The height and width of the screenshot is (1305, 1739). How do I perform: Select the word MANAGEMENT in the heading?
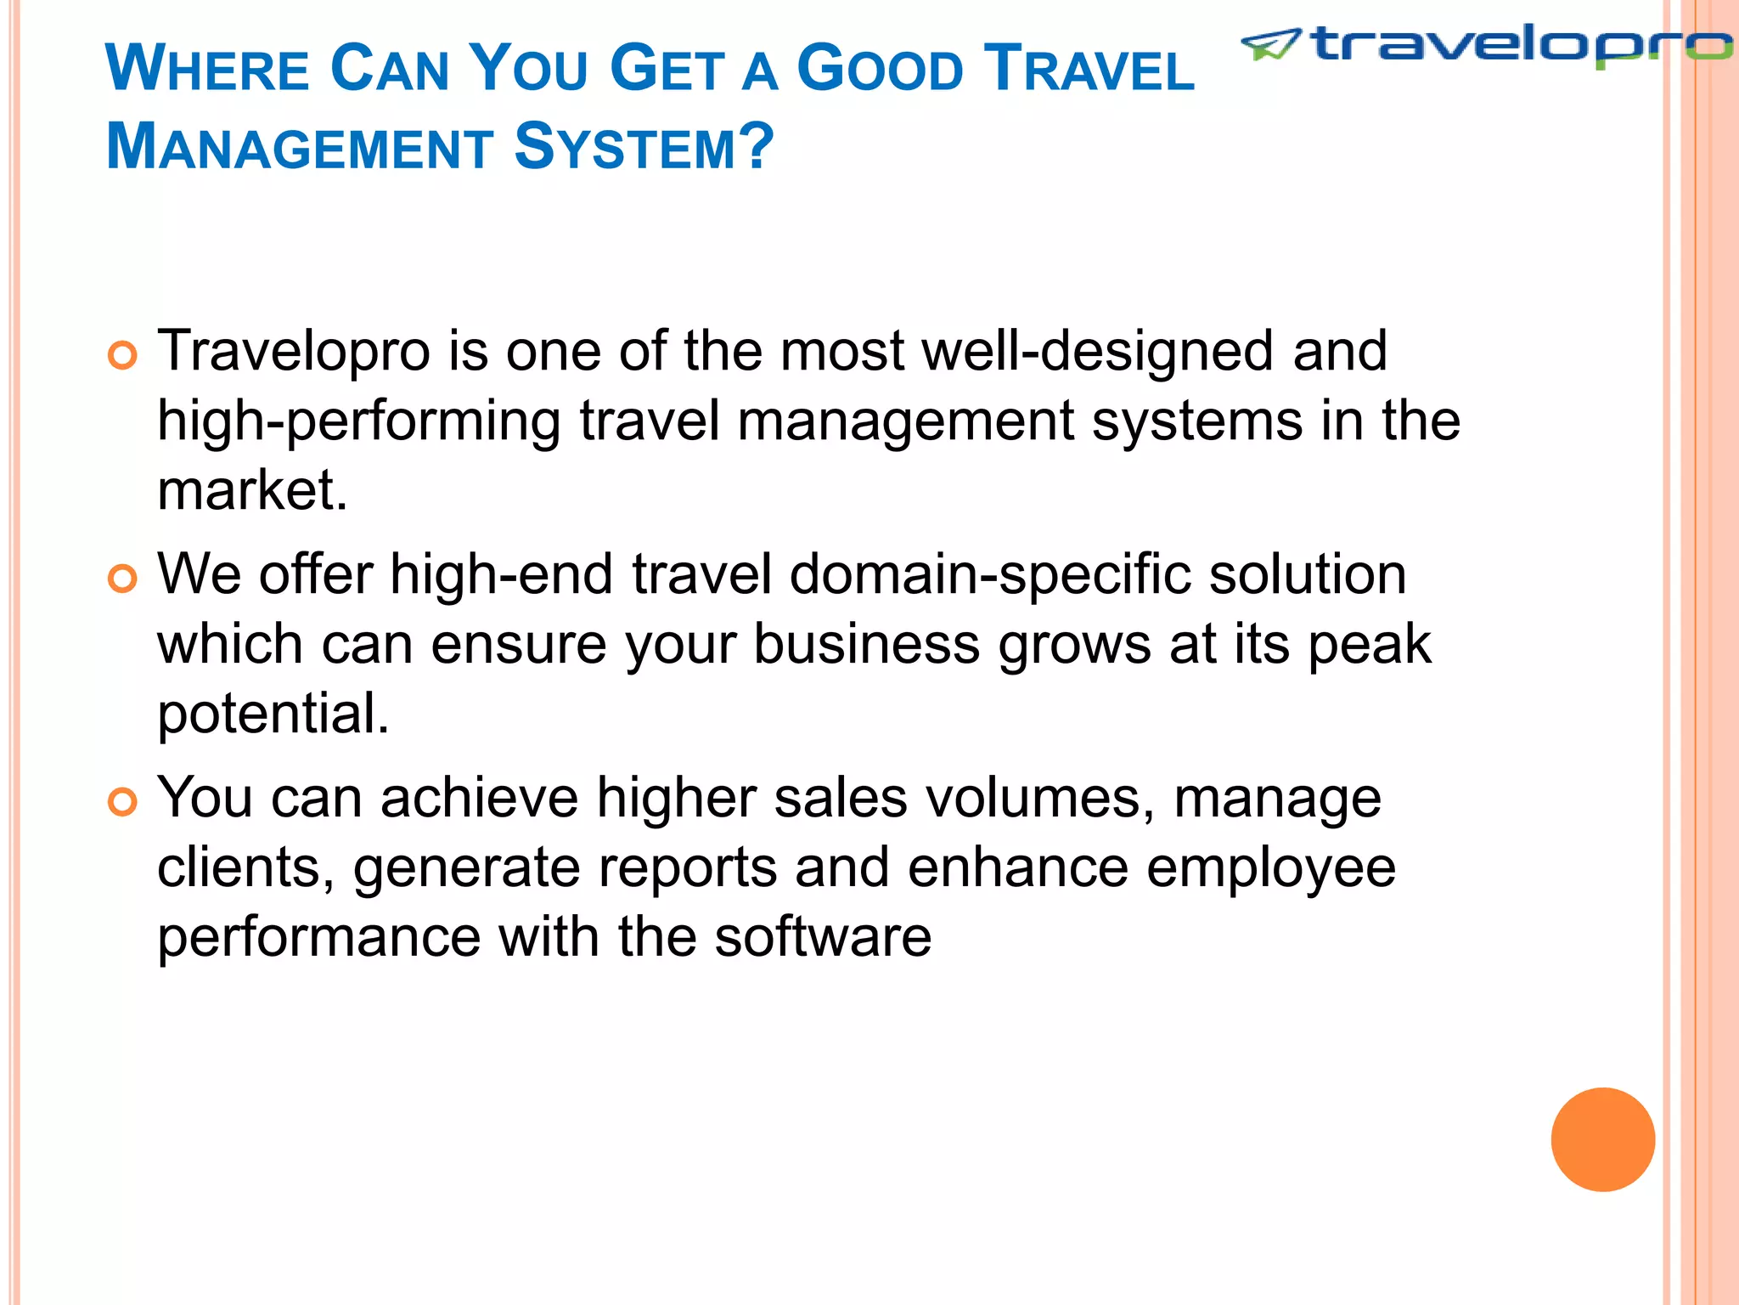click(300, 147)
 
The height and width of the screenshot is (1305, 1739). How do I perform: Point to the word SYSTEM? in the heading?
click(644, 147)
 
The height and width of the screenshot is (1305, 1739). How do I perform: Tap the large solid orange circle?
click(1602, 1139)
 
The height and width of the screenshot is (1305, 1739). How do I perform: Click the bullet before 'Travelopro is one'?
click(123, 355)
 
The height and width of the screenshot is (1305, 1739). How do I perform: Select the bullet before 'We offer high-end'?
click(123, 579)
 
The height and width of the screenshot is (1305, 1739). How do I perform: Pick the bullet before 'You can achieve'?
click(123, 802)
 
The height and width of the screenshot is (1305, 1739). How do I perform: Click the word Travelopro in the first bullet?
click(294, 352)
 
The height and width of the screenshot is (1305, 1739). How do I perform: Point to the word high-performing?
click(358, 422)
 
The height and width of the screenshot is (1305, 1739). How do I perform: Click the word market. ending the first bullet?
click(252, 490)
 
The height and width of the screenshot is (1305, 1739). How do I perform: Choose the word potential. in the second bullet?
click(273, 714)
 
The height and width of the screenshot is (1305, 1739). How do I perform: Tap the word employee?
click(1270, 868)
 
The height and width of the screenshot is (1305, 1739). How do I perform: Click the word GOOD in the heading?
click(880, 69)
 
